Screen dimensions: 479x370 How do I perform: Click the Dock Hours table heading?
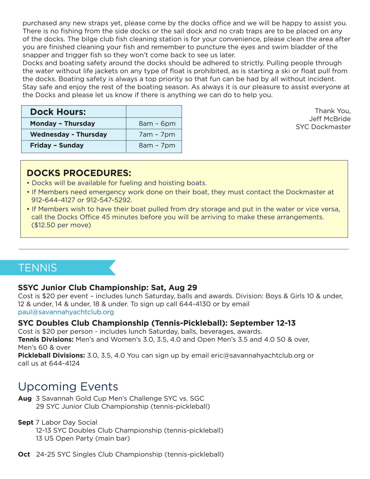[x=58, y=112]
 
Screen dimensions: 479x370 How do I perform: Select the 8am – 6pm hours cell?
[x=157, y=124]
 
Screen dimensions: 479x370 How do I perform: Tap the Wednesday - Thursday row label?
[x=68, y=135]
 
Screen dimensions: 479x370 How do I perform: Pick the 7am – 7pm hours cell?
[x=157, y=135]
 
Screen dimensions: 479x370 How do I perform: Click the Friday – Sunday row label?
[x=57, y=145]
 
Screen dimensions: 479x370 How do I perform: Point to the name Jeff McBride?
[x=330, y=119]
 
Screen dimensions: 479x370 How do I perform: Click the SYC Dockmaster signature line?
[x=323, y=127]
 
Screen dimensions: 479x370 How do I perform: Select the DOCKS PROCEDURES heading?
[x=79, y=173]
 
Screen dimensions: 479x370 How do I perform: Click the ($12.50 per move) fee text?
[x=61, y=225]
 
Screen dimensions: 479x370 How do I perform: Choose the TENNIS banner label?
[x=37, y=268]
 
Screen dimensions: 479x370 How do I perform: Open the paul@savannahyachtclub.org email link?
[x=66, y=312]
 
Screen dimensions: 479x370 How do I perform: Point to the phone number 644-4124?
[x=64, y=363]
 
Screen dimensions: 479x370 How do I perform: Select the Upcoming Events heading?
[x=68, y=387]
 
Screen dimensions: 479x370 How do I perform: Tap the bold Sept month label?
[x=26, y=423]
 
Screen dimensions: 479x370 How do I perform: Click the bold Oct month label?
[x=24, y=455]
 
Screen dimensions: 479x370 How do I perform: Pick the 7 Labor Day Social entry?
[x=66, y=423]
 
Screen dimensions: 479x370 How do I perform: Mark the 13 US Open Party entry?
[x=83, y=439]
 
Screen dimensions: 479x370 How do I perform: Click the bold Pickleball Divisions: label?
[x=51, y=356]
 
